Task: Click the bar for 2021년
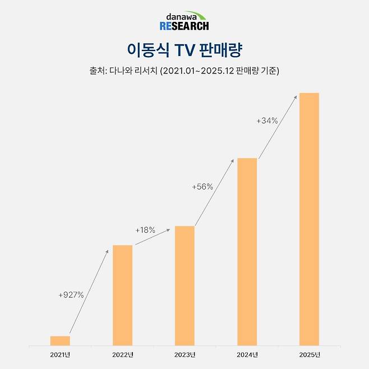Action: (60, 340)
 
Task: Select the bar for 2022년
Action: (122, 295)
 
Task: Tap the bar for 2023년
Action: (184, 285)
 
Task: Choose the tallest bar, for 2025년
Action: (309, 219)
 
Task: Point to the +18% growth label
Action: (145, 230)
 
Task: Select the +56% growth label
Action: (202, 187)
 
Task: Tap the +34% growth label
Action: (267, 121)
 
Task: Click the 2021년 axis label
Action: (60, 354)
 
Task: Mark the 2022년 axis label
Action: (122, 354)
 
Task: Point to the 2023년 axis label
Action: (184, 354)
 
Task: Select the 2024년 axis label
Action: (247, 354)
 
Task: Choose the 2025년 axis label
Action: (309, 354)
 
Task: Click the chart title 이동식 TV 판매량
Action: (184, 50)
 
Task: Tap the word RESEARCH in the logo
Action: (184, 26)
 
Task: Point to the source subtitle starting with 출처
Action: (184, 71)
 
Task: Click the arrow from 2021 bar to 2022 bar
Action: (88, 293)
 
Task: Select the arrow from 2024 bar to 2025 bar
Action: (278, 127)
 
